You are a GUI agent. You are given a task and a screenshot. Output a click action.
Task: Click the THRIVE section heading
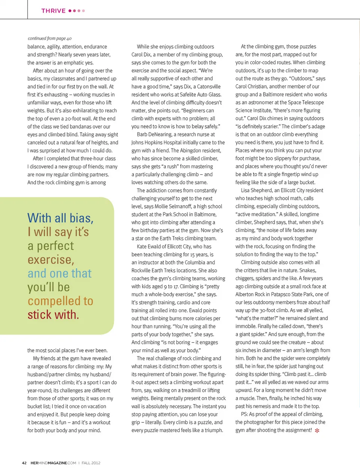tap(53, 11)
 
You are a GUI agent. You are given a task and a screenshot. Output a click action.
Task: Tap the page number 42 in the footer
tap(24, 463)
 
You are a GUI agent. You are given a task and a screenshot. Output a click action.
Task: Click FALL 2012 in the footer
tap(91, 463)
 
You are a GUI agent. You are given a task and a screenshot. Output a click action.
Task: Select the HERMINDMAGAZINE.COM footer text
tap(53, 463)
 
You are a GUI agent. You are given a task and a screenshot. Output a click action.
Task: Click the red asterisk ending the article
tap(317, 431)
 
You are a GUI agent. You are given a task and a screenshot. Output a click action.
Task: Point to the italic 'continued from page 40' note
tap(49, 38)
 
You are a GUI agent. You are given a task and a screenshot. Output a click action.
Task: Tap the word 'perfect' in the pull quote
tap(55, 246)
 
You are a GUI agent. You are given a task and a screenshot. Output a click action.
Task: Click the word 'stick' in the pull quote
tap(39, 315)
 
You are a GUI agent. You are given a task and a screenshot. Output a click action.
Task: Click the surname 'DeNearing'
tap(160, 134)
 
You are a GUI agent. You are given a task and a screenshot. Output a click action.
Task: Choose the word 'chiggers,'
tap(246, 278)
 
